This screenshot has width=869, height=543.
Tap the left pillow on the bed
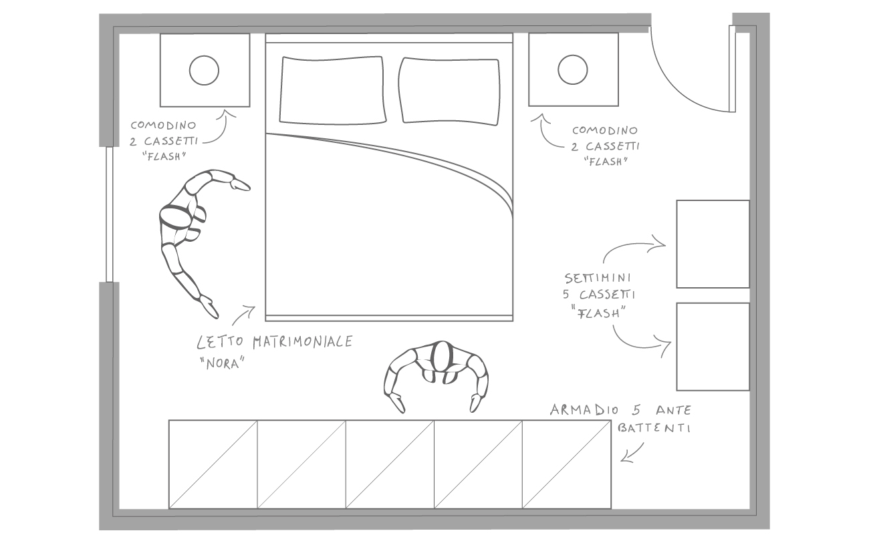pyautogui.click(x=332, y=91)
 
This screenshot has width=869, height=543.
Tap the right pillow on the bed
pyautogui.click(x=449, y=92)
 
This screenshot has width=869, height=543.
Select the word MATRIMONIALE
pyautogui.click(x=303, y=342)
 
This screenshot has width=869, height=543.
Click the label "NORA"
pyautogui.click(x=223, y=363)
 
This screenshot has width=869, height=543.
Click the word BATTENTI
pyautogui.click(x=654, y=428)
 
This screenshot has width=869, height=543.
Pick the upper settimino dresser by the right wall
pyautogui.click(x=713, y=244)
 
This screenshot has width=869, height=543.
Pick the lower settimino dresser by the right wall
pyautogui.click(x=713, y=347)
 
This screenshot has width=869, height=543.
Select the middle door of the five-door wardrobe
pyautogui.click(x=390, y=464)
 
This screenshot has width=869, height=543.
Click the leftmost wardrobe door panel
pyautogui.click(x=213, y=464)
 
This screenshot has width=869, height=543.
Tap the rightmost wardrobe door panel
pyautogui.click(x=567, y=464)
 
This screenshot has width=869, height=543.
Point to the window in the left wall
pyautogui.click(x=110, y=214)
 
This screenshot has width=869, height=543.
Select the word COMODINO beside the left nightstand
pyautogui.click(x=163, y=125)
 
